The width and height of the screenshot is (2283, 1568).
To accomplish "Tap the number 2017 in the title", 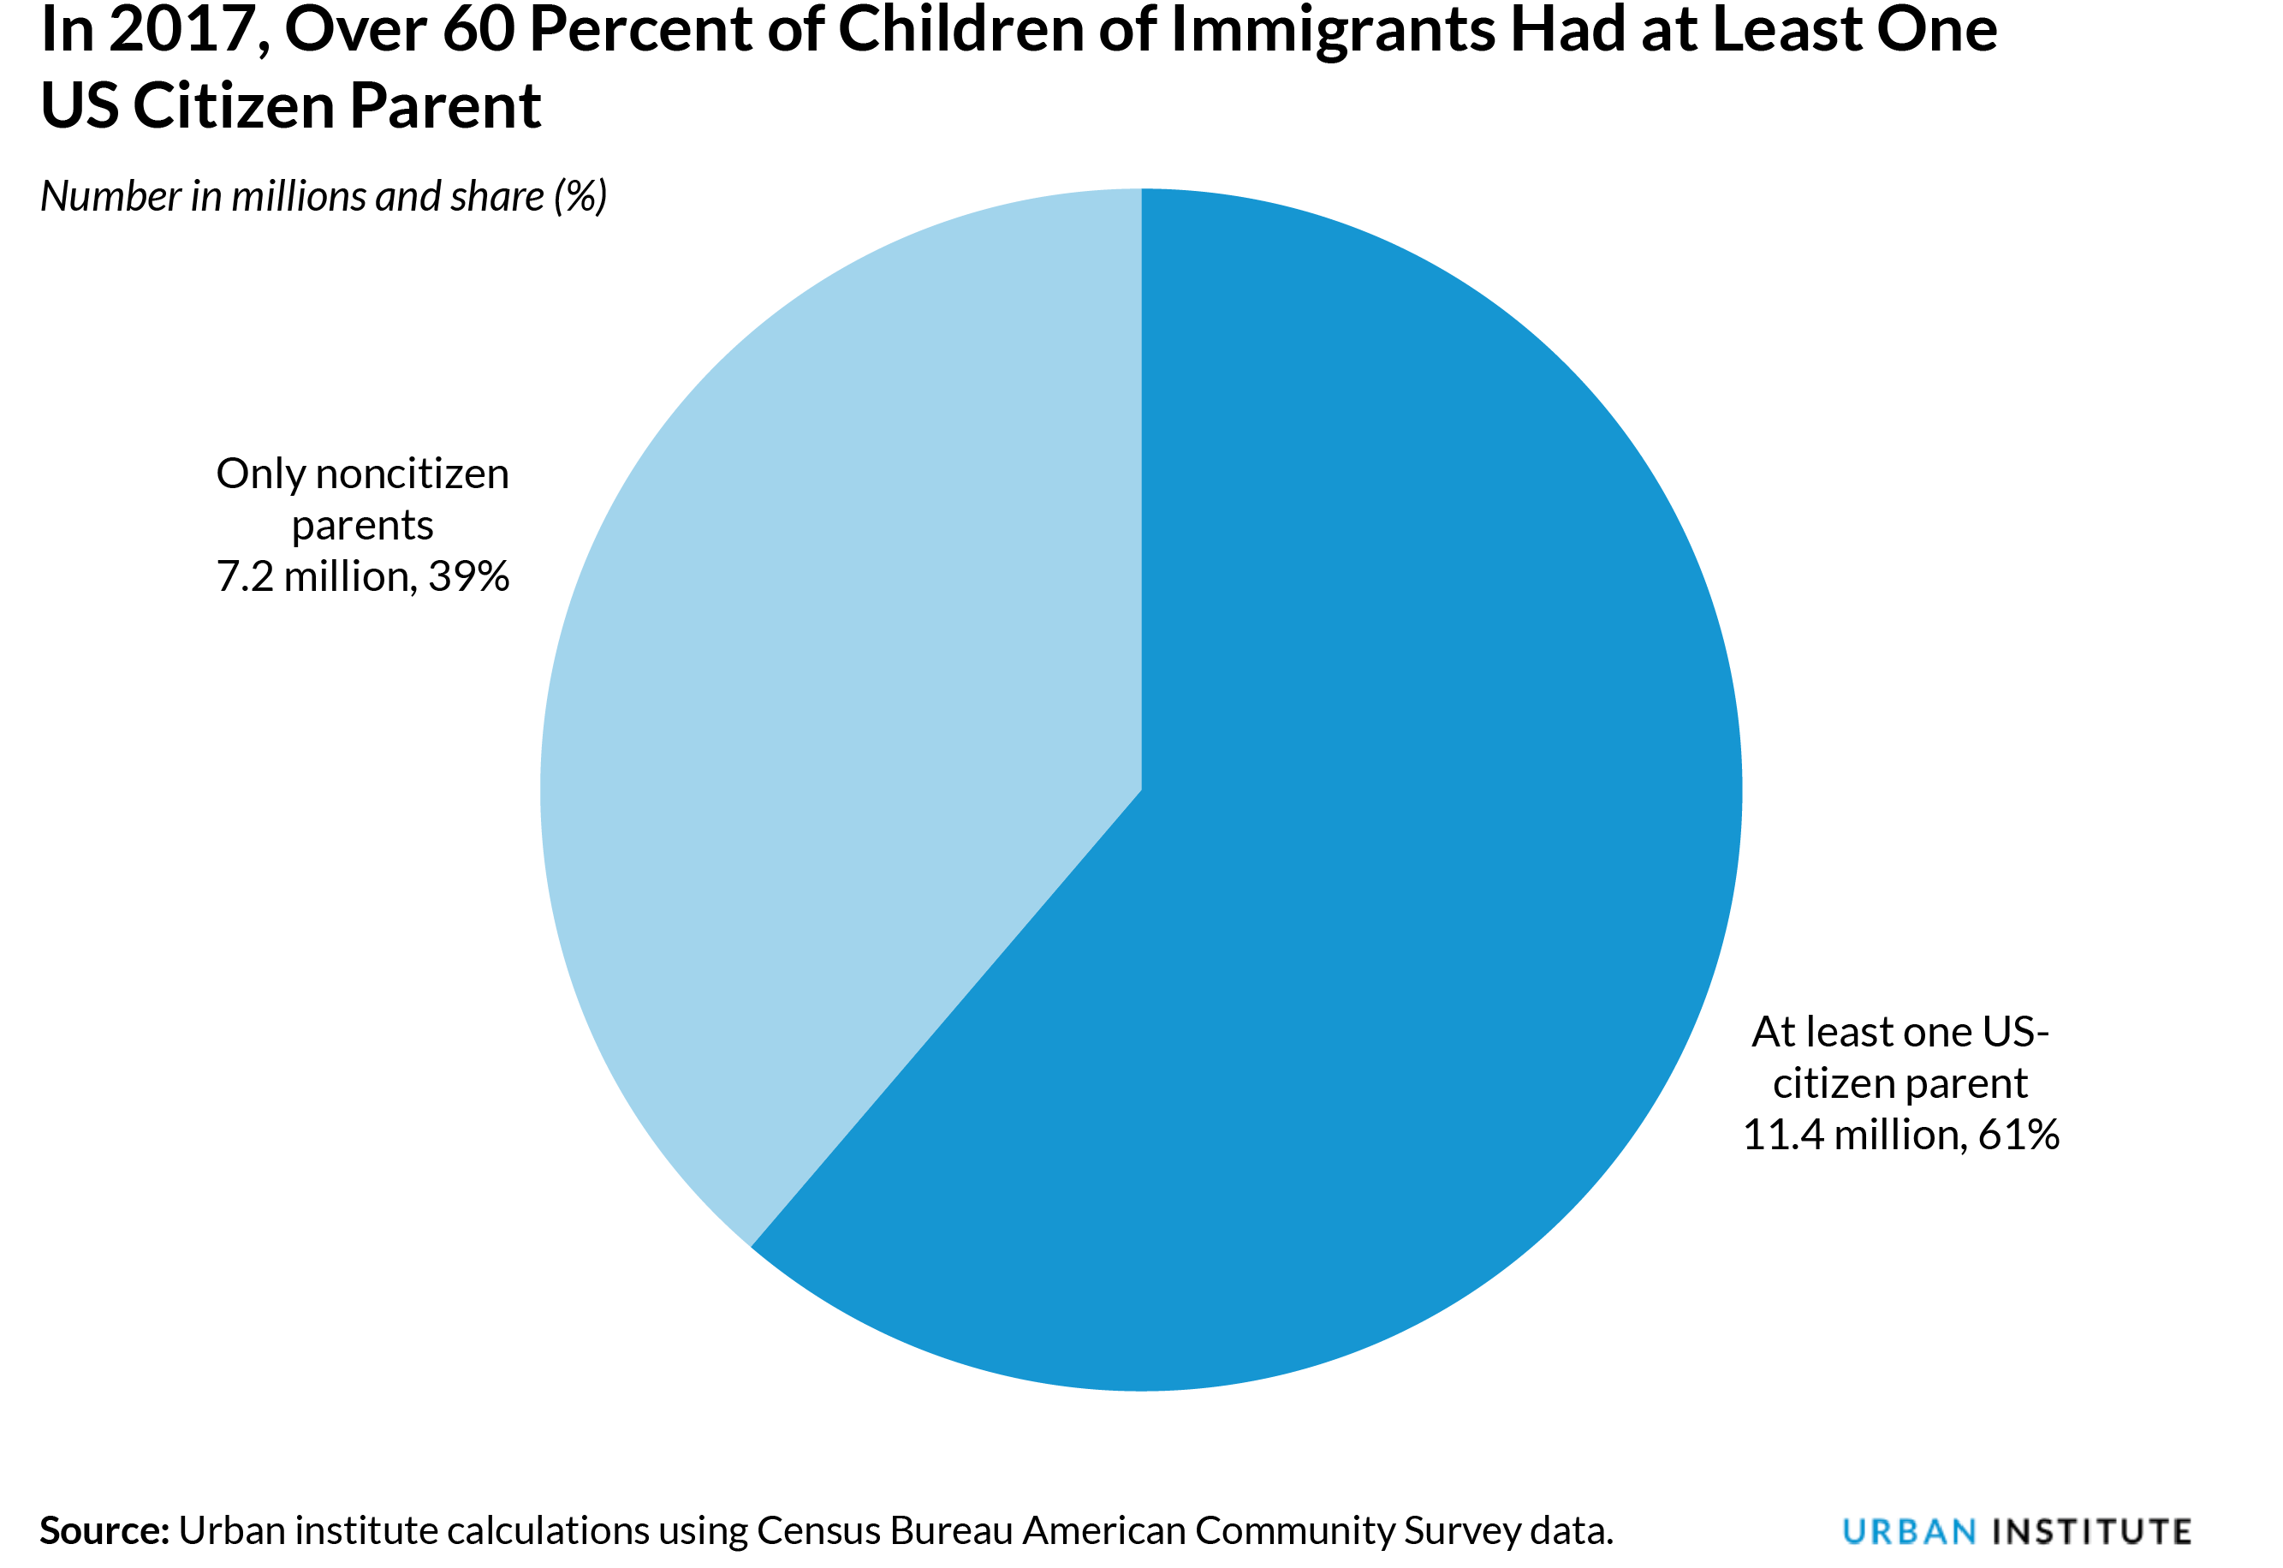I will (182, 29).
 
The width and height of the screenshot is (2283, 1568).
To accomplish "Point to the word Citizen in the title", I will (232, 106).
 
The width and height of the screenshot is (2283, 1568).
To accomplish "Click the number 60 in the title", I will (479, 29).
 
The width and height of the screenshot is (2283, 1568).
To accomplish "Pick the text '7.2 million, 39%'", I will (362, 576).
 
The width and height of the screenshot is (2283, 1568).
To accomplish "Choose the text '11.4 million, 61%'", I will (1900, 1135).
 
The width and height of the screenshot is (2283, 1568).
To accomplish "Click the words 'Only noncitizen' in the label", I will (362, 474).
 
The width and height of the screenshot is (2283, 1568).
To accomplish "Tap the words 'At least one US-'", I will (1900, 1033).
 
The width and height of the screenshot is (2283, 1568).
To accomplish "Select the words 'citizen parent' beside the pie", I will (1900, 1083).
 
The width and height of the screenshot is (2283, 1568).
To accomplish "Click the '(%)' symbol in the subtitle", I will (580, 196).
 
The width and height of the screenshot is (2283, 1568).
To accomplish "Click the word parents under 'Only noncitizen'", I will (362, 526).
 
